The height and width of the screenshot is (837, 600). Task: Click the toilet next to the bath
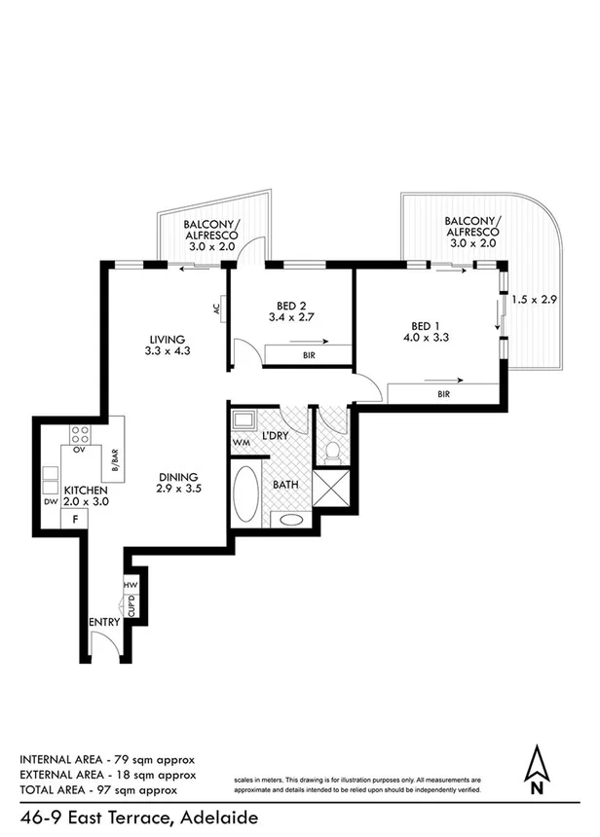tap(332, 451)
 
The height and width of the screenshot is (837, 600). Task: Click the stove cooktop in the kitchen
tap(80, 435)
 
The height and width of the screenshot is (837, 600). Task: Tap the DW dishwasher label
tap(51, 502)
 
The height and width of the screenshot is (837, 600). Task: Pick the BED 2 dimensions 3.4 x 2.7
tap(290, 316)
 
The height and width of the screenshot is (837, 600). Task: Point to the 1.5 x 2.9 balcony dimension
tap(536, 300)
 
